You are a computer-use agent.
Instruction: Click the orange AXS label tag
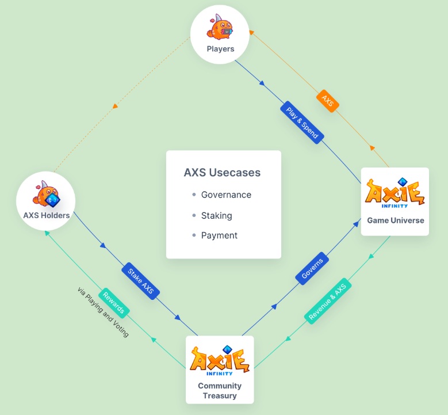(x=328, y=101)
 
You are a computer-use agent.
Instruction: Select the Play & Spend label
(x=302, y=123)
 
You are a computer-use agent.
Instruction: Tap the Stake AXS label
(x=140, y=281)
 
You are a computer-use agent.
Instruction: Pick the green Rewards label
(x=114, y=303)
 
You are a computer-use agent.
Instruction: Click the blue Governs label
(x=312, y=268)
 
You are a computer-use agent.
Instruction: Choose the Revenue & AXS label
(x=327, y=301)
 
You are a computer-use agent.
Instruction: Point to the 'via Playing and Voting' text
(x=103, y=312)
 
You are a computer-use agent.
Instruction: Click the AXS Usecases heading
(x=222, y=173)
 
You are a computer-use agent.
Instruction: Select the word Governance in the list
(x=226, y=195)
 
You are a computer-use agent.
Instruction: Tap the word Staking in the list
(x=217, y=216)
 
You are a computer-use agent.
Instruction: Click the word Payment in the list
(x=219, y=235)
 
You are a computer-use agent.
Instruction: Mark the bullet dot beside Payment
(x=194, y=235)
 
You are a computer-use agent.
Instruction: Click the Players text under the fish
(x=220, y=49)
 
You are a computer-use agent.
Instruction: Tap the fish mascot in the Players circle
(x=220, y=27)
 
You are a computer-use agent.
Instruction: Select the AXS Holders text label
(x=46, y=215)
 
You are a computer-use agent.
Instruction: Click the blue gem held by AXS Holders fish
(x=52, y=200)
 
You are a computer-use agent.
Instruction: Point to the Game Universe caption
(x=396, y=220)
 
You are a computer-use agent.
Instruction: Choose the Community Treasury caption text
(x=220, y=391)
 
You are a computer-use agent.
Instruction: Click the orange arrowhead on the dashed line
(x=115, y=106)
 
